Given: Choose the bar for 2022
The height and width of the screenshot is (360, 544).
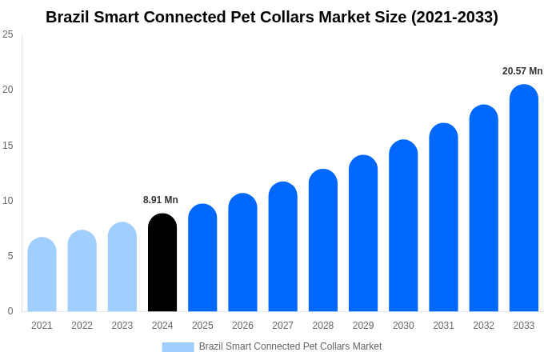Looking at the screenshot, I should (x=82, y=271).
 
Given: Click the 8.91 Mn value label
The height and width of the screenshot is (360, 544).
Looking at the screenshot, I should (x=161, y=200).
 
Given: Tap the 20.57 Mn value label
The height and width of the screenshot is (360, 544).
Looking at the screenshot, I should (x=522, y=71).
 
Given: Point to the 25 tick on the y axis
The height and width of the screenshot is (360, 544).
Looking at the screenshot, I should (x=8, y=34).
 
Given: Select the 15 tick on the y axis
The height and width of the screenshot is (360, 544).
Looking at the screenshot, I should (x=8, y=146).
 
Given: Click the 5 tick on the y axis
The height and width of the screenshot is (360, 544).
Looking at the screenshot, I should (x=10, y=256).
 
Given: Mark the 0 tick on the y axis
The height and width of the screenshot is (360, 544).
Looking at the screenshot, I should (x=10, y=311).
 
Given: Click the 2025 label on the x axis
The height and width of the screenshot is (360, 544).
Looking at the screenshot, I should (x=202, y=326).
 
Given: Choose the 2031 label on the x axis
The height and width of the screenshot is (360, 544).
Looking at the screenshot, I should (x=443, y=326).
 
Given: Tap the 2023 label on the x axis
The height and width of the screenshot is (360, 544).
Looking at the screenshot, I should (x=122, y=326).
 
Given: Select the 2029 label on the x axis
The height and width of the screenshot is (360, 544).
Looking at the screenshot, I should (x=363, y=326).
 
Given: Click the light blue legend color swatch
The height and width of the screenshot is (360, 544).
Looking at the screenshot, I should (x=178, y=346).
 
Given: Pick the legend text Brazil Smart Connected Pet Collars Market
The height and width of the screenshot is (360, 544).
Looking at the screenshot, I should (x=290, y=346).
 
